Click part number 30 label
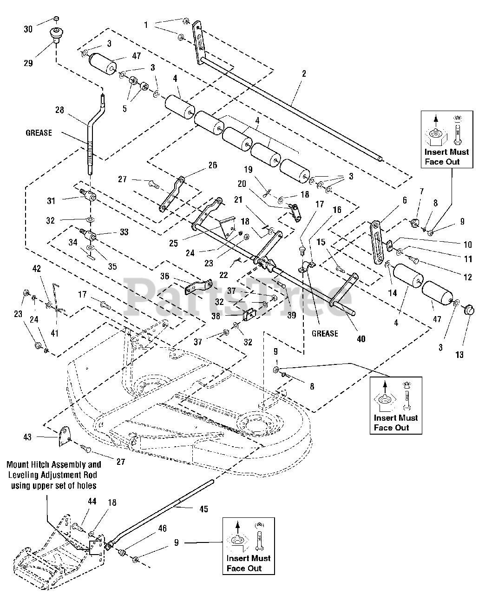pyautogui.click(x=29, y=28)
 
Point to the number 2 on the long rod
pyautogui.click(x=303, y=74)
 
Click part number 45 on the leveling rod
pyautogui.click(x=203, y=509)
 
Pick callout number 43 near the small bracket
pyautogui.click(x=28, y=436)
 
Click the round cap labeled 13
pyautogui.click(x=468, y=309)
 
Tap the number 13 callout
pyautogui.click(x=459, y=355)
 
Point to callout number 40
pyautogui.click(x=361, y=339)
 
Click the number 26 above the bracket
pyautogui.click(x=212, y=165)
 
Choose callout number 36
pyautogui.click(x=164, y=276)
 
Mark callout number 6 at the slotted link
pyautogui.click(x=404, y=200)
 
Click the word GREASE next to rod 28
pyautogui.click(x=39, y=133)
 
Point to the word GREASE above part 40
pyautogui.click(x=325, y=333)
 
